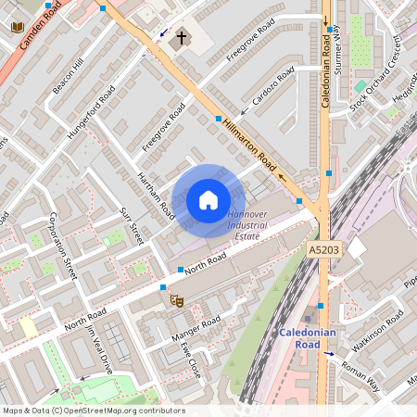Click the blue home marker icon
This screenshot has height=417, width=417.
208,199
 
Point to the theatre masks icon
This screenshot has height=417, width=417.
174,298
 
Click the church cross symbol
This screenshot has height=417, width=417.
182,40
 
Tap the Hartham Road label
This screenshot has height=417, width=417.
156,195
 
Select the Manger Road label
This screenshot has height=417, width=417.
196,328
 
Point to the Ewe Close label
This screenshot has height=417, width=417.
190,356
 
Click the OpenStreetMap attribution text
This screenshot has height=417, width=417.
93,411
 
